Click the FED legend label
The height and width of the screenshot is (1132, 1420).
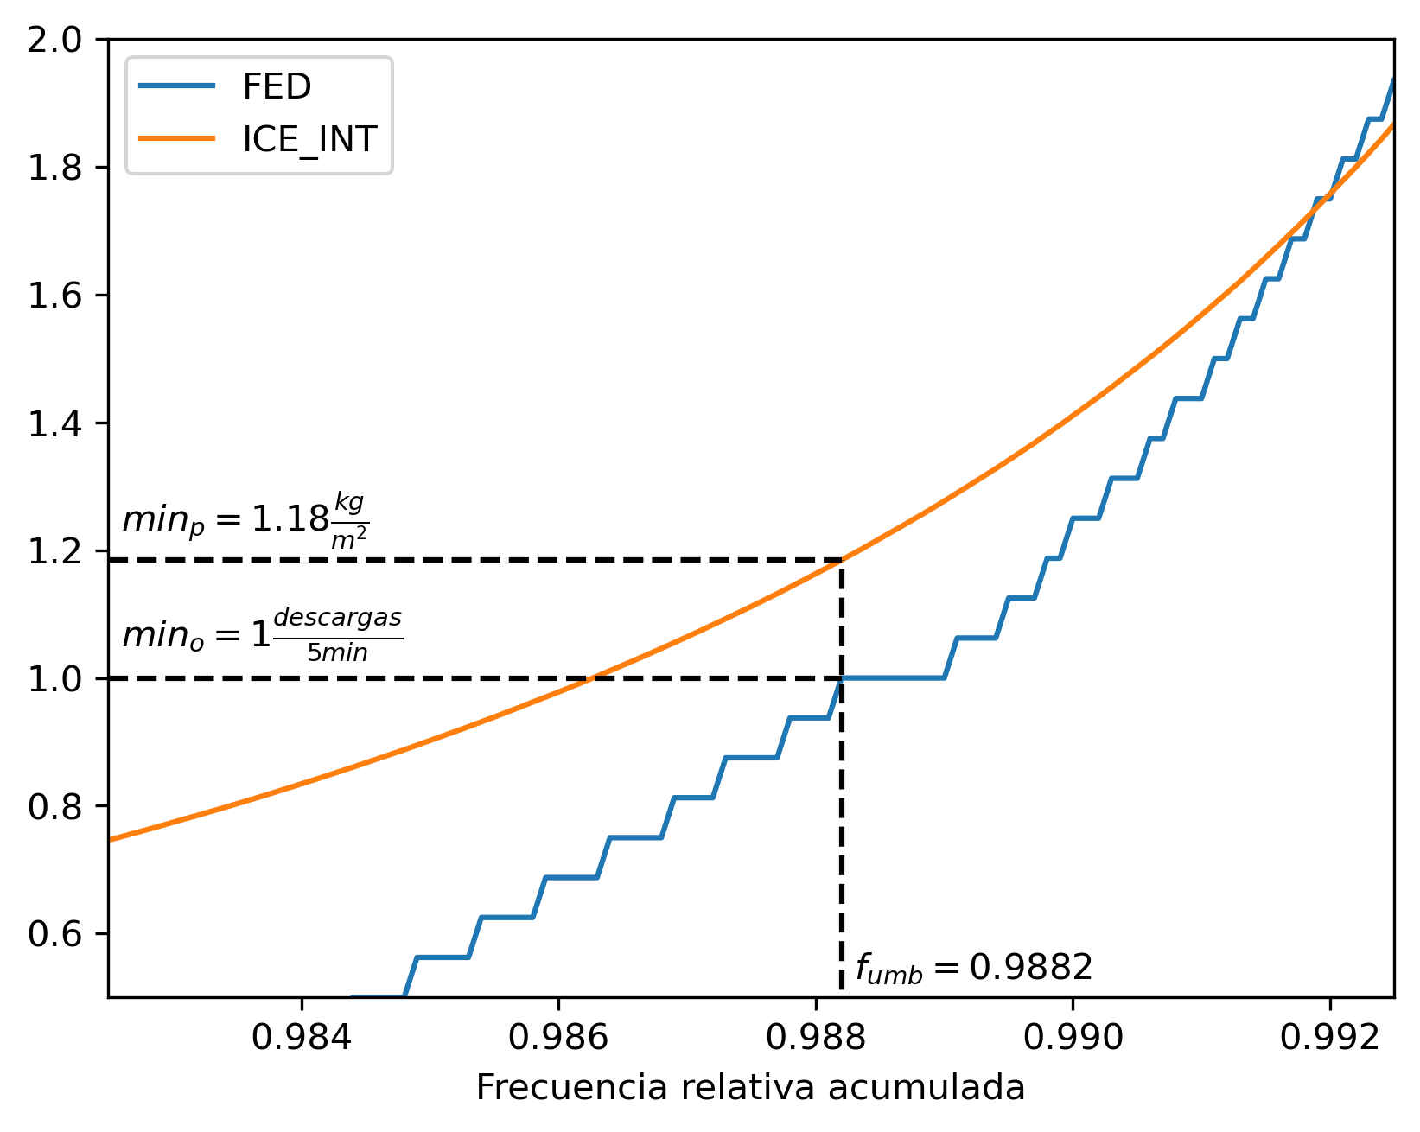(x=277, y=86)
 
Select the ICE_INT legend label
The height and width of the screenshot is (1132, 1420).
(x=309, y=139)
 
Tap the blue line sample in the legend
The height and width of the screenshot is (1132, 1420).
(x=177, y=85)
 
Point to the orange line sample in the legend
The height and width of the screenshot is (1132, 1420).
(x=177, y=138)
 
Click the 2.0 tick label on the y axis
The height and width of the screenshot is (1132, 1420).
(x=54, y=41)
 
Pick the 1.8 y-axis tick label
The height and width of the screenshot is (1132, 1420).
(x=54, y=168)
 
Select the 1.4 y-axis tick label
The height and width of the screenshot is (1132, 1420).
(x=54, y=423)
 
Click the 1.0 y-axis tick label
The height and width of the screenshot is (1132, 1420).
(x=54, y=679)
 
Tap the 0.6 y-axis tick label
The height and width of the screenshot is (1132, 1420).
(x=54, y=934)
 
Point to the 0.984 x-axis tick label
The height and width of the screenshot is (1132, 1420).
(x=302, y=1038)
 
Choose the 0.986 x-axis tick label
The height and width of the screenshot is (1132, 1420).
(x=558, y=1038)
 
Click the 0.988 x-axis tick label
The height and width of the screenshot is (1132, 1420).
(x=816, y=1038)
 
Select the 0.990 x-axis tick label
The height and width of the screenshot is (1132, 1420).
(x=1073, y=1038)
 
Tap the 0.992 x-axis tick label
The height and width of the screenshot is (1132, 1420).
(x=1329, y=1038)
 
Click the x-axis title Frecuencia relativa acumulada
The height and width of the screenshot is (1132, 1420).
(x=750, y=1088)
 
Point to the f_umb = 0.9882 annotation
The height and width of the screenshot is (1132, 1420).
(x=974, y=969)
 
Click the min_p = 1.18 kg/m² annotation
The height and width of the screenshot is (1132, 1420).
(x=245, y=520)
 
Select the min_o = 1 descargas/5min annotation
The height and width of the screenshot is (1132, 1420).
(x=263, y=635)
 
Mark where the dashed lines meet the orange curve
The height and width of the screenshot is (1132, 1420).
(x=842, y=559)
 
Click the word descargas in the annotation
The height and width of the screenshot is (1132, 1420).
(x=338, y=619)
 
